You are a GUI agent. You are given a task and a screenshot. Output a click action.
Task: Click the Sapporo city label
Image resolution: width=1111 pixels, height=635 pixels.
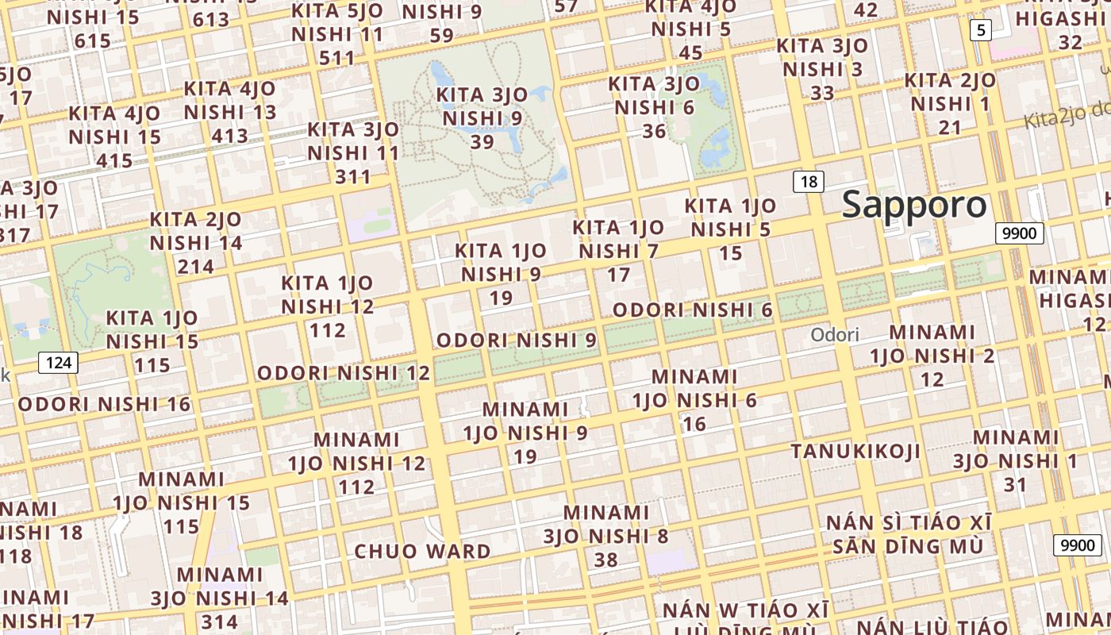click(914, 205)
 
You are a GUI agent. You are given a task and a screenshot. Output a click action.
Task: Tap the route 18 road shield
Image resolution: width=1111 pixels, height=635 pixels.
click(808, 182)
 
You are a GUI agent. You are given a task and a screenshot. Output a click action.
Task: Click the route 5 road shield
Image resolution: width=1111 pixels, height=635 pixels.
click(982, 31)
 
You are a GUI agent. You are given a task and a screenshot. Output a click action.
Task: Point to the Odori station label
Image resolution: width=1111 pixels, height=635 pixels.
click(834, 335)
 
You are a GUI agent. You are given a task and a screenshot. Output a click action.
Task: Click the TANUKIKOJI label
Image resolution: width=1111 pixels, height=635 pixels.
click(855, 452)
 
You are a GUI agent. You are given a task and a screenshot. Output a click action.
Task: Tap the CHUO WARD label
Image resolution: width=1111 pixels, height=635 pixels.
click(422, 551)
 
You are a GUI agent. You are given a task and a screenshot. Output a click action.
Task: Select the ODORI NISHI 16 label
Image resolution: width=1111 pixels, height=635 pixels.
click(105, 404)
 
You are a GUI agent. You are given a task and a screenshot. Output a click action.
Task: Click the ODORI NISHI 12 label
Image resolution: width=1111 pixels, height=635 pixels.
click(344, 372)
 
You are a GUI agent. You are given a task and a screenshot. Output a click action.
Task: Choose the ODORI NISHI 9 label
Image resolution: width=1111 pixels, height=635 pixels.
click(517, 341)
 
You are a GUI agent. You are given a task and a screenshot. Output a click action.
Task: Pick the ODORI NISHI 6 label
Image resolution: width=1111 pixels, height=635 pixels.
click(692, 310)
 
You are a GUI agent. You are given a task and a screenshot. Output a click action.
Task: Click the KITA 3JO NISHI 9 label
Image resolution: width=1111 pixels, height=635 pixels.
click(483, 117)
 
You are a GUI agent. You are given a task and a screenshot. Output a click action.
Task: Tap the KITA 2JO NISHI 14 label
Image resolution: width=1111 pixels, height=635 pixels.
click(196, 242)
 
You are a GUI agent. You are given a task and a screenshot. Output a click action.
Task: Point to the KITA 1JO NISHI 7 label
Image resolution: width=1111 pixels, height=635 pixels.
click(618, 251)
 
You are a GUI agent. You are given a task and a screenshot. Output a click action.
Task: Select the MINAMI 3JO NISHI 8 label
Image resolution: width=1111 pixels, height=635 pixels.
click(606, 536)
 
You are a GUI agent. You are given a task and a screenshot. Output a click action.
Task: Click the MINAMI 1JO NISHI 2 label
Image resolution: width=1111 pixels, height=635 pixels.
click(932, 355)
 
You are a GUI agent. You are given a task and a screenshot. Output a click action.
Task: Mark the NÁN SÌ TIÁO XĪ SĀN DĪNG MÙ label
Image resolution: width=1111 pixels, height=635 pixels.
click(909, 534)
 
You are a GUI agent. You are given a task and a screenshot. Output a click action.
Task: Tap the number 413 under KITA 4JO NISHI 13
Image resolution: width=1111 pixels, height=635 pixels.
click(230, 136)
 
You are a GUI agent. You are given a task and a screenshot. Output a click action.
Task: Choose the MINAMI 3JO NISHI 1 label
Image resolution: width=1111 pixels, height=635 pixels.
click(1016, 460)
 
